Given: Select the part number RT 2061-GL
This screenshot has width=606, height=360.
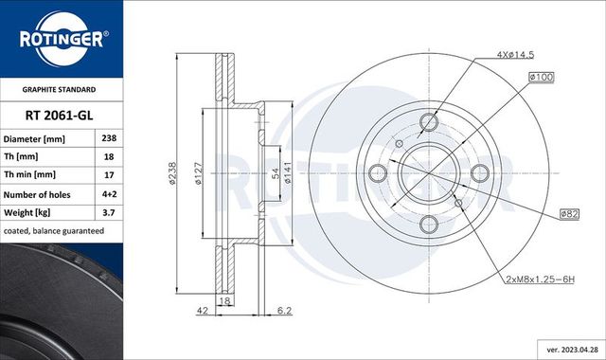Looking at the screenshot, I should point(61,115).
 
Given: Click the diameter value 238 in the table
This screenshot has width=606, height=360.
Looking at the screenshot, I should point(108,138).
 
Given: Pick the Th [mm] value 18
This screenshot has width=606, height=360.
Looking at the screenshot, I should point(108,156).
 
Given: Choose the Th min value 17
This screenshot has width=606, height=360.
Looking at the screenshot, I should point(108,174).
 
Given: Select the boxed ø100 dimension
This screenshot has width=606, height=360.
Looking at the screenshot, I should point(541,76).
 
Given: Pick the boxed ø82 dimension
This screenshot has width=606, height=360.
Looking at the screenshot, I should point(568,214).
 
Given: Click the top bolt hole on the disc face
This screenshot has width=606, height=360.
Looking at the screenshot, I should point(428,121).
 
